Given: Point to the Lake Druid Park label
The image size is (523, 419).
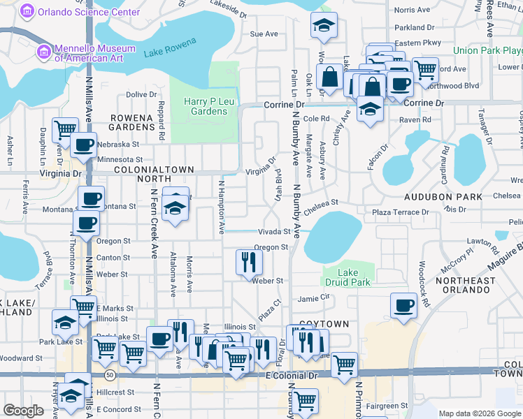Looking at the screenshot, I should pos(347,277).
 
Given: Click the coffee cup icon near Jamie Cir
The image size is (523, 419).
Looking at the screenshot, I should pos(403,306).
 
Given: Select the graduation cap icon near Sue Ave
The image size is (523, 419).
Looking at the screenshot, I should pos(323,26).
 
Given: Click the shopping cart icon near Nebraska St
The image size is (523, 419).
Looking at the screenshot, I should pos(65,129).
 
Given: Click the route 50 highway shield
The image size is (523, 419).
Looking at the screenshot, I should pos(110,376).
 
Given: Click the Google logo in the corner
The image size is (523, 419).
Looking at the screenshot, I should pos(23,411).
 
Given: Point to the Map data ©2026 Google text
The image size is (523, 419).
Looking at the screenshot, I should pos(480,413).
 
